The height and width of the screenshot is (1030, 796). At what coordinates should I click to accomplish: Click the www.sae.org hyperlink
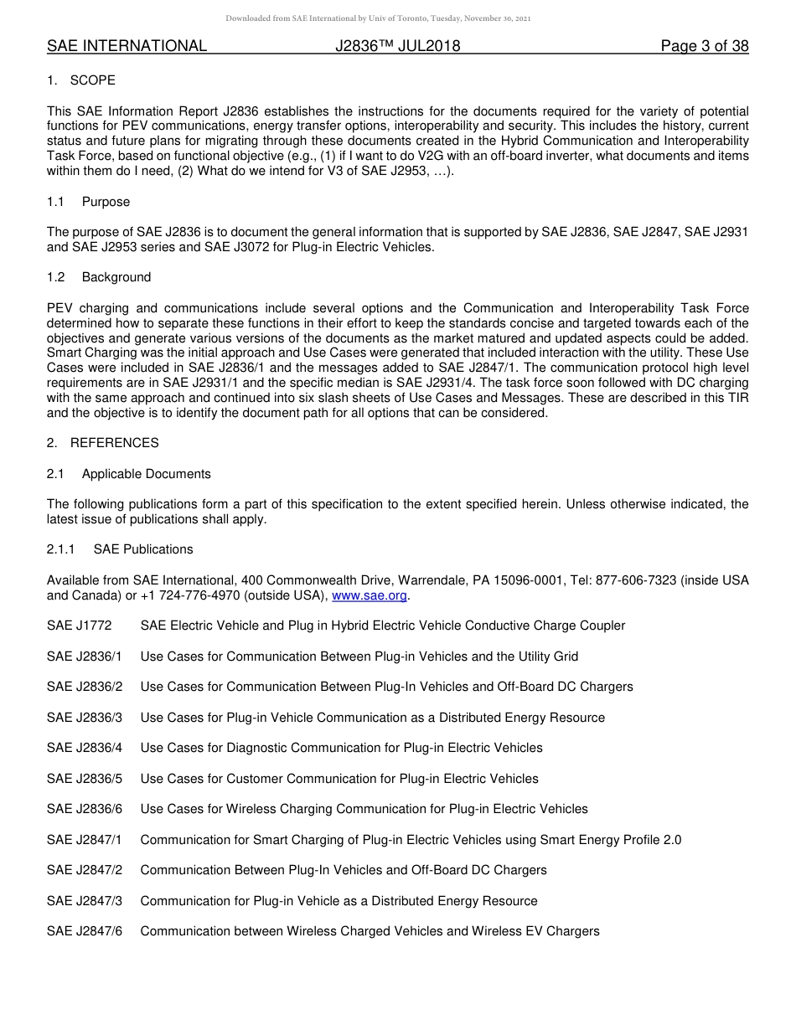(x=370, y=596)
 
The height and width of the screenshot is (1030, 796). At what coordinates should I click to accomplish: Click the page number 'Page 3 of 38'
(x=704, y=46)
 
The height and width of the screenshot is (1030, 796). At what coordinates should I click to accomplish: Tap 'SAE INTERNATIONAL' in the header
(x=127, y=46)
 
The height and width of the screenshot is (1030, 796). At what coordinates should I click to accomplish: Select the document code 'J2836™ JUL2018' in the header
(x=397, y=46)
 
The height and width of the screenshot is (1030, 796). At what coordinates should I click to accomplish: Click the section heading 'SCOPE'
(x=93, y=80)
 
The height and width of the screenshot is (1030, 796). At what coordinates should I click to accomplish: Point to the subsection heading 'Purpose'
(x=106, y=202)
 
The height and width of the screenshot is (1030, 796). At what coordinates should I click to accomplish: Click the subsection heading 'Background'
(x=116, y=277)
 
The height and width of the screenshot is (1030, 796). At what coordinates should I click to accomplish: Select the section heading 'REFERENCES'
(x=114, y=443)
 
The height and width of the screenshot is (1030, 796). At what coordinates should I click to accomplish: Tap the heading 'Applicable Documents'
(x=146, y=474)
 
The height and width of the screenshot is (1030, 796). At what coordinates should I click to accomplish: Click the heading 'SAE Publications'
(x=143, y=549)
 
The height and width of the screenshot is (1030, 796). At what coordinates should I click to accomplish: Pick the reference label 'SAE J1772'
(x=79, y=626)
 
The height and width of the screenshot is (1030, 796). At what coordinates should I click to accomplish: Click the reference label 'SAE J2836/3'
(x=85, y=718)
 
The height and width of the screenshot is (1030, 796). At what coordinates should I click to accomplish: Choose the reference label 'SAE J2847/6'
(x=85, y=931)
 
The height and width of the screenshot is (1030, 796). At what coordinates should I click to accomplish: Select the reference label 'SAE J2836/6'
(x=85, y=809)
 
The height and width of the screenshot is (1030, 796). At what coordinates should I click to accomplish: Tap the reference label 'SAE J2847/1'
(x=85, y=840)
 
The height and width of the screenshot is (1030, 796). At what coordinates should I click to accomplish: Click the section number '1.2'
(x=56, y=277)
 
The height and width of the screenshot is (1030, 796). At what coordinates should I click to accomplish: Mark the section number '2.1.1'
(x=61, y=549)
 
